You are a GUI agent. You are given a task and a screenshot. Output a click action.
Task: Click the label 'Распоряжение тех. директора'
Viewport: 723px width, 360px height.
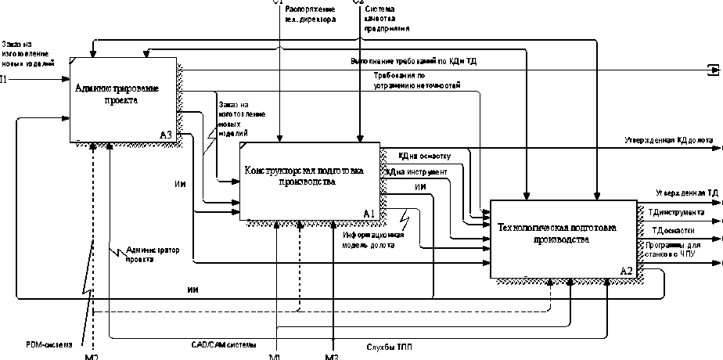pyautogui.click(x=311, y=13)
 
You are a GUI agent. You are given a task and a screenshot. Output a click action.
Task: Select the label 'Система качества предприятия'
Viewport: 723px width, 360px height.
pyautogui.click(x=386, y=19)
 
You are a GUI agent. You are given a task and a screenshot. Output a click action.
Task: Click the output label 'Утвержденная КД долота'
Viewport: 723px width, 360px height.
pyautogui.click(x=668, y=141)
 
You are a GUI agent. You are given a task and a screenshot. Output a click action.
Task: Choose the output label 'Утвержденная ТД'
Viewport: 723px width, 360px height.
pyautogui.click(x=686, y=192)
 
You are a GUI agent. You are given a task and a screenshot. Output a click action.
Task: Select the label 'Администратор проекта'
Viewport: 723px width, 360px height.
pyautogui.click(x=152, y=254)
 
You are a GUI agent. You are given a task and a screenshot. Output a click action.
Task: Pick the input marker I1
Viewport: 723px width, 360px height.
pyautogui.click(x=4, y=79)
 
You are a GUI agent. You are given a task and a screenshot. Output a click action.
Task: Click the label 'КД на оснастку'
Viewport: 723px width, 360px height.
pyautogui.click(x=424, y=156)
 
